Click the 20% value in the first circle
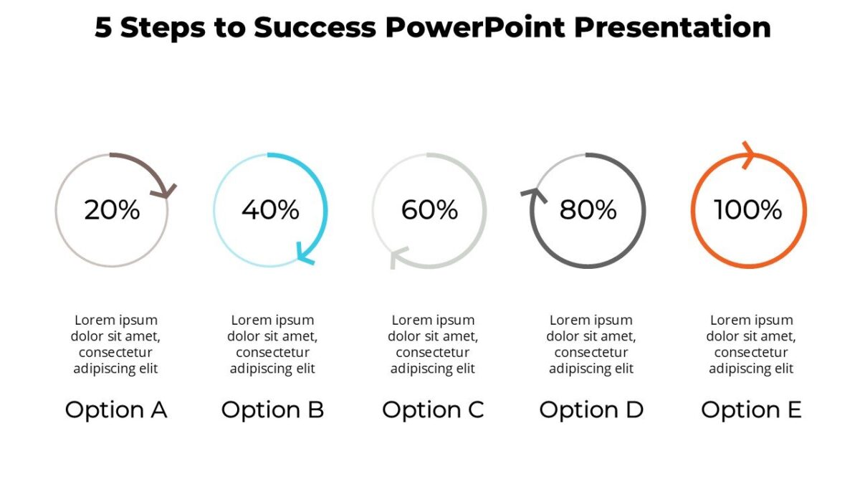click(x=112, y=210)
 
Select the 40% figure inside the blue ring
click(x=270, y=210)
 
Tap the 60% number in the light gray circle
click(x=429, y=210)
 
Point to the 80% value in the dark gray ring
click(x=588, y=210)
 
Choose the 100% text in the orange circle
click(x=748, y=210)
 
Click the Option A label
click(x=116, y=410)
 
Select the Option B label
click(x=272, y=410)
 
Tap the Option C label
click(x=433, y=410)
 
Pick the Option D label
click(x=591, y=410)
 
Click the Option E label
click(x=751, y=410)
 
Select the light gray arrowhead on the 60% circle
click(x=396, y=257)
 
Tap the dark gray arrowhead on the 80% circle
click(x=535, y=194)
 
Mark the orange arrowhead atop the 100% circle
click(x=748, y=155)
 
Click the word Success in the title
click(x=315, y=27)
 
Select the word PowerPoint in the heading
click(x=475, y=27)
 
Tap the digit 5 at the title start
click(x=103, y=28)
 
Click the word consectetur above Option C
click(x=433, y=352)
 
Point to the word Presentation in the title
click(x=673, y=27)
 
